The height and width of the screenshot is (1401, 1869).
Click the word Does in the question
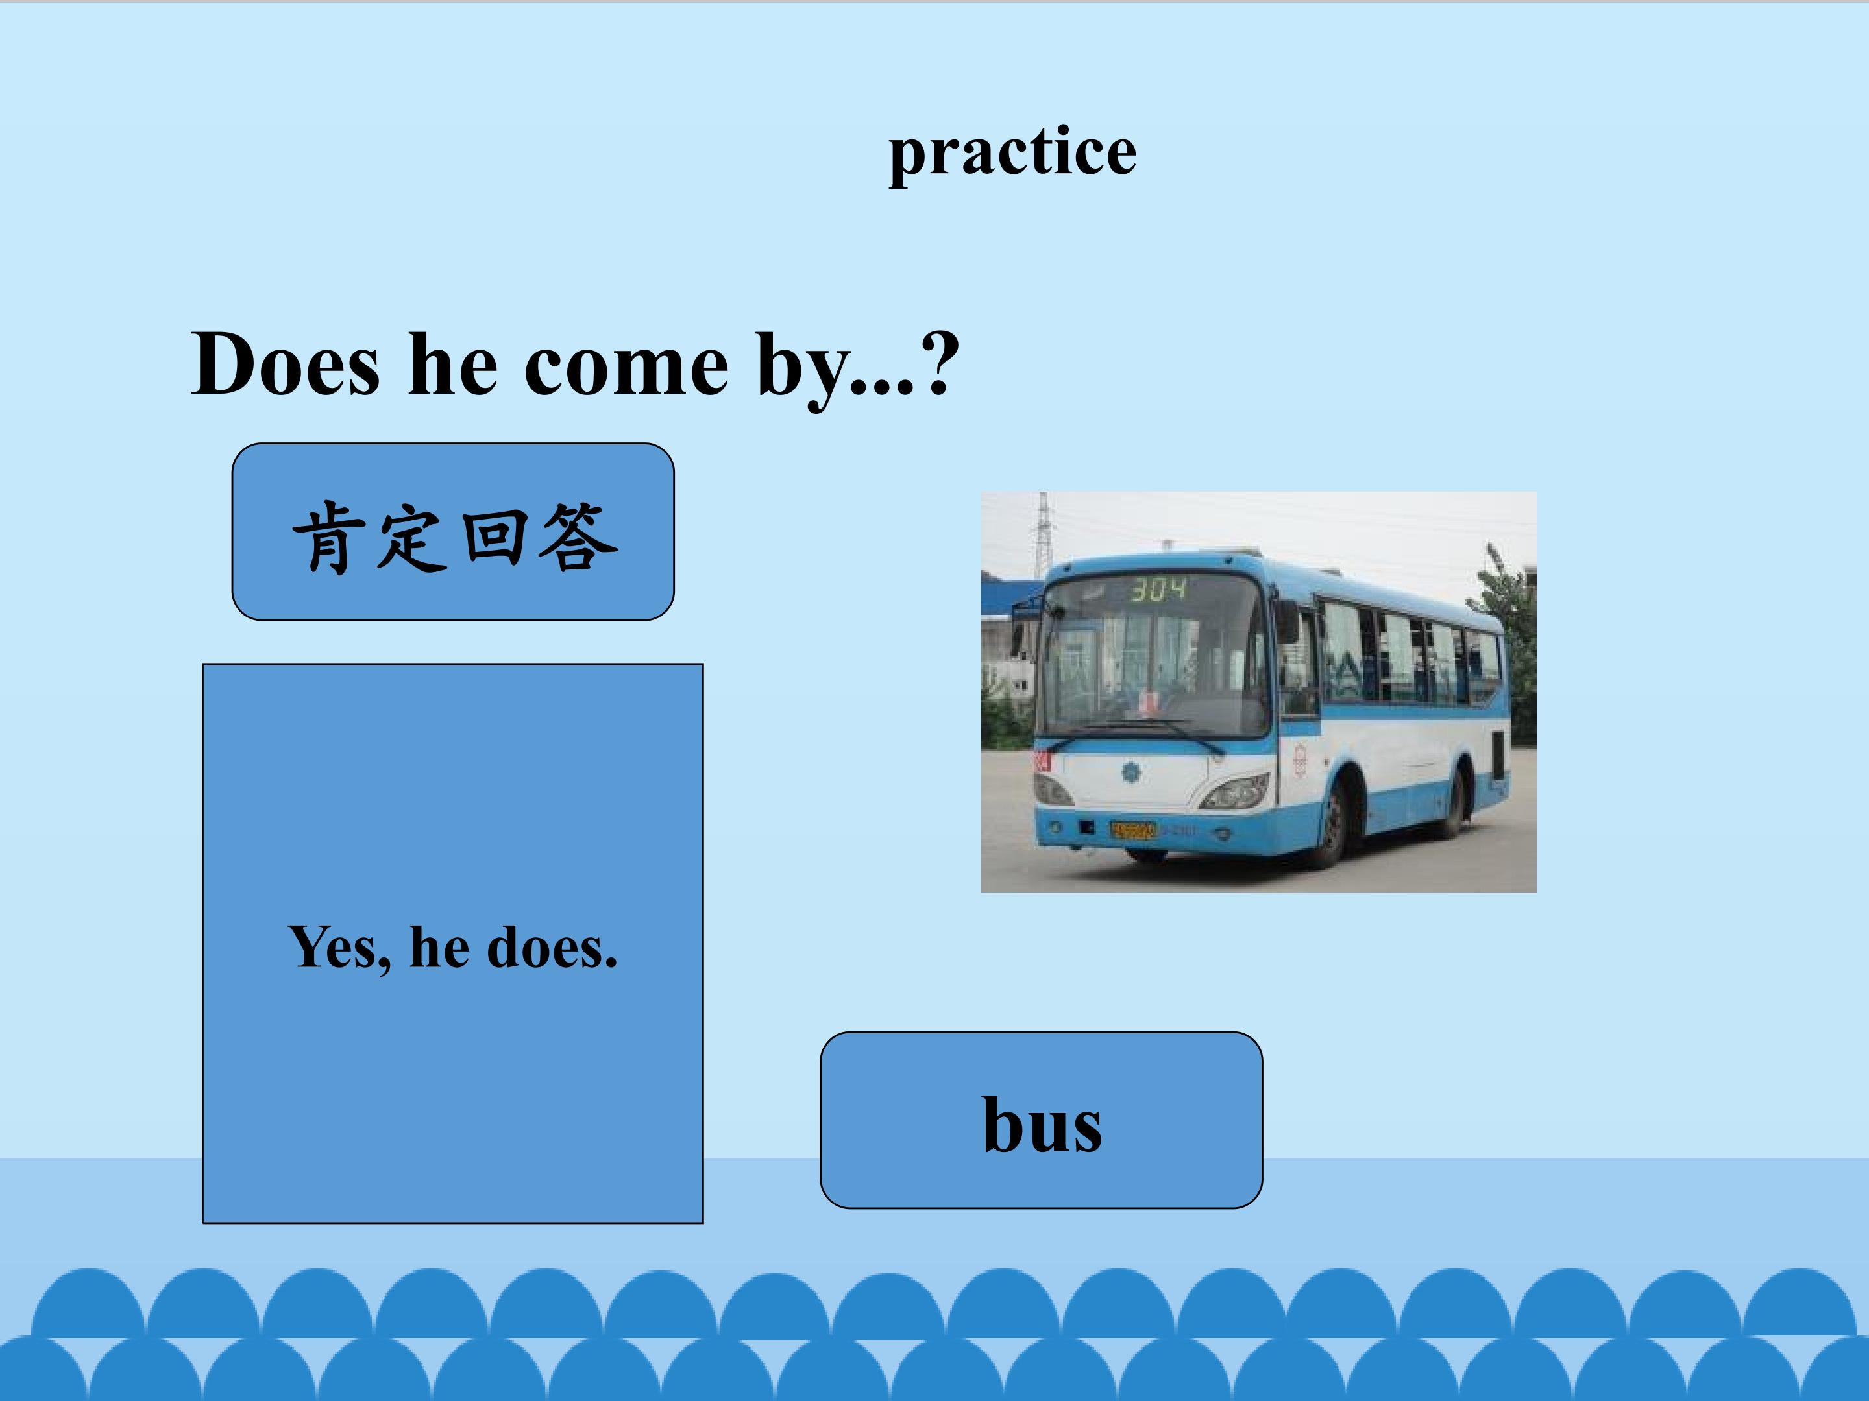(286, 365)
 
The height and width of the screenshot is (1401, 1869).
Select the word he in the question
(452, 365)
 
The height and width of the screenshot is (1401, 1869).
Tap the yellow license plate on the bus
(1133, 831)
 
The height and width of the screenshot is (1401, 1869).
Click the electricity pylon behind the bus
(1044, 532)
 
